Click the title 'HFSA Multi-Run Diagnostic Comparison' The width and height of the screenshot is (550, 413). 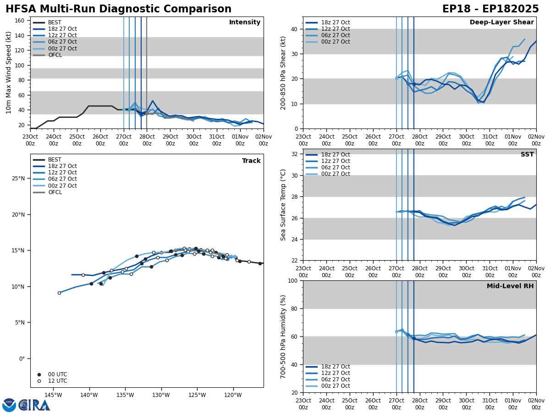[118, 9]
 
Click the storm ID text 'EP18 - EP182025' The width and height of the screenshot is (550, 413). [490, 9]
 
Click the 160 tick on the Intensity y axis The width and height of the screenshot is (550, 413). [21, 21]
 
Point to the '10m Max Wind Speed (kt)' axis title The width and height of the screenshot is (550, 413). [9, 73]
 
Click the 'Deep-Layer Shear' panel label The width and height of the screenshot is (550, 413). [501, 22]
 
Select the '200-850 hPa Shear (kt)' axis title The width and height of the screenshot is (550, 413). [283, 73]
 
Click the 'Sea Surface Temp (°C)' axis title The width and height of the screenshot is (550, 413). [283, 205]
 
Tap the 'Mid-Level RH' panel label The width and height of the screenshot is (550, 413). [510, 286]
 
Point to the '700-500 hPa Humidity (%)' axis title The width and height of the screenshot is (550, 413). [283, 336]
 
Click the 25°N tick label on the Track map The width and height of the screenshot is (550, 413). [18, 179]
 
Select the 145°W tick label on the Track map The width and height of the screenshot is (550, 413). [53, 395]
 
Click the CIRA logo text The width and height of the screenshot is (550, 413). [34, 405]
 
